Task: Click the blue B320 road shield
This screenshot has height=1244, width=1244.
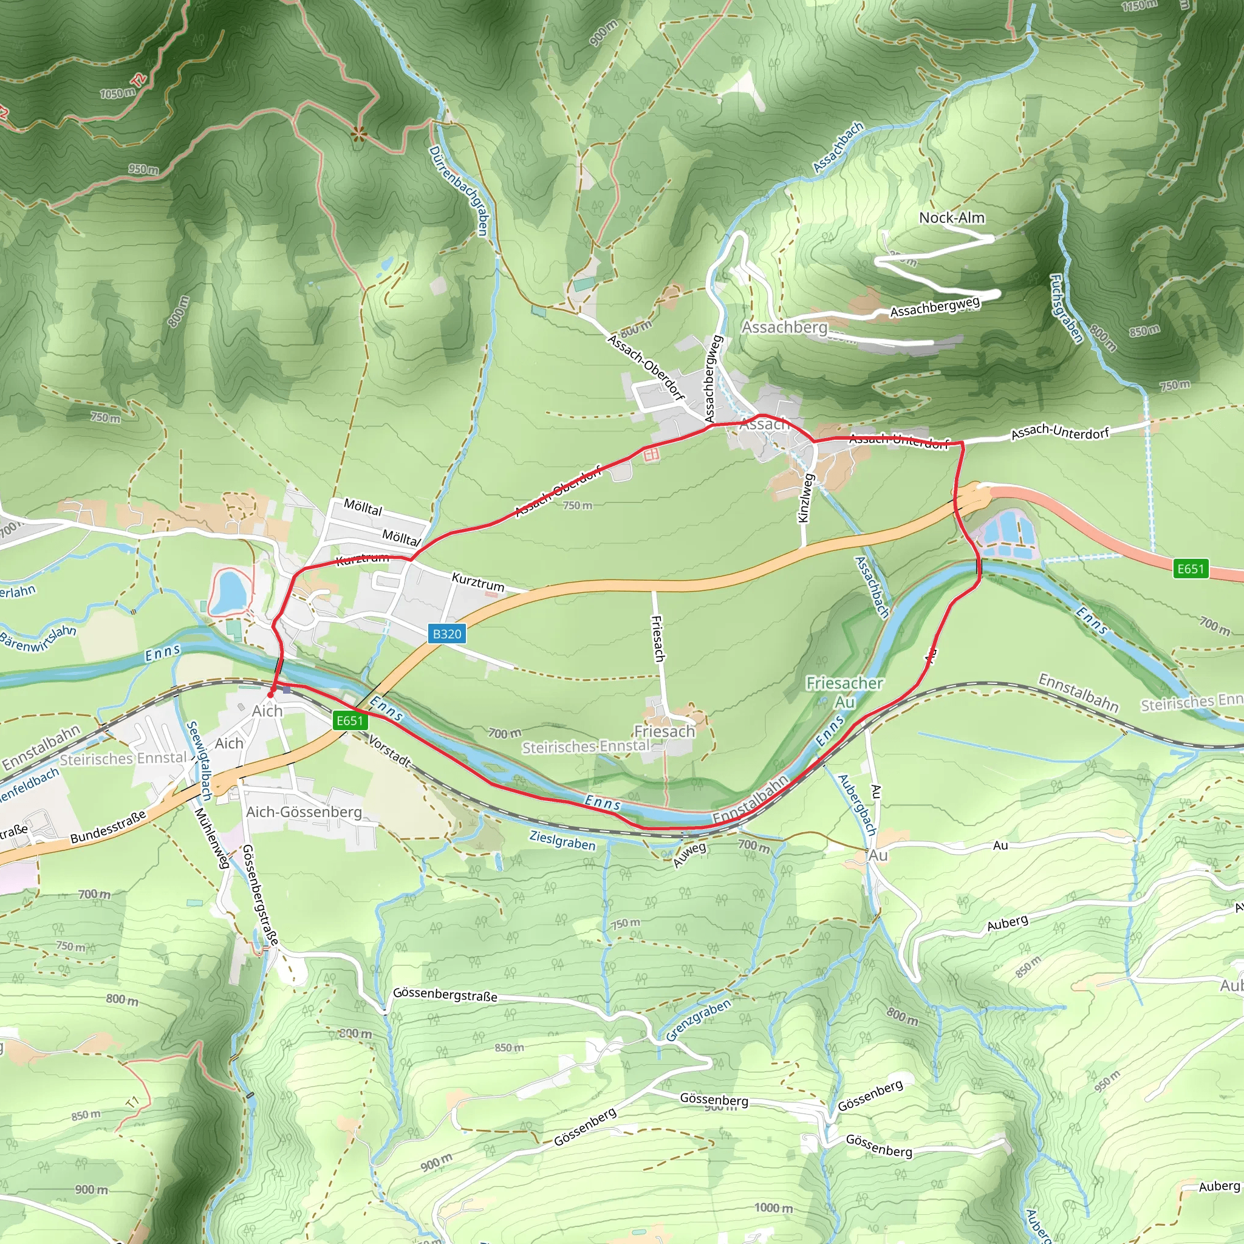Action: point(447,634)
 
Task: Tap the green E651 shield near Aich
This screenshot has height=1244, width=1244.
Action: point(351,720)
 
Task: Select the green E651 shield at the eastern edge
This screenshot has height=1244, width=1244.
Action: point(1190,569)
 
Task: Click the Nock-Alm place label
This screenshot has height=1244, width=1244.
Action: point(952,217)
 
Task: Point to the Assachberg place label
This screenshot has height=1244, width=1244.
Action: point(784,327)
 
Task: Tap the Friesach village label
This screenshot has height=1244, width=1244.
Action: point(665,731)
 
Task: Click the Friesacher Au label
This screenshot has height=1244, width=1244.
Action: point(845,691)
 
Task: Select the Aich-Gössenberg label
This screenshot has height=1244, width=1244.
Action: point(304,812)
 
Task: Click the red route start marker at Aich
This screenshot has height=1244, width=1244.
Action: point(271,695)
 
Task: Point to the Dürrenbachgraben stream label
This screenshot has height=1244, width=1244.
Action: point(459,190)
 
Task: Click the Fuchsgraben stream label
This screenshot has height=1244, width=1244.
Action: point(1065,309)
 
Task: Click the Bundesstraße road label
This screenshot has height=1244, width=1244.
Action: point(108,828)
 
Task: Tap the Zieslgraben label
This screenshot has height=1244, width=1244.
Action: point(562,840)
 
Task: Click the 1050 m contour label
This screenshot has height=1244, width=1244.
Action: point(117,94)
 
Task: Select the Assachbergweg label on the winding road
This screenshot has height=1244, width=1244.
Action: point(935,307)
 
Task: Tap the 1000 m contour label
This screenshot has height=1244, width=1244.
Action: point(773,1208)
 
